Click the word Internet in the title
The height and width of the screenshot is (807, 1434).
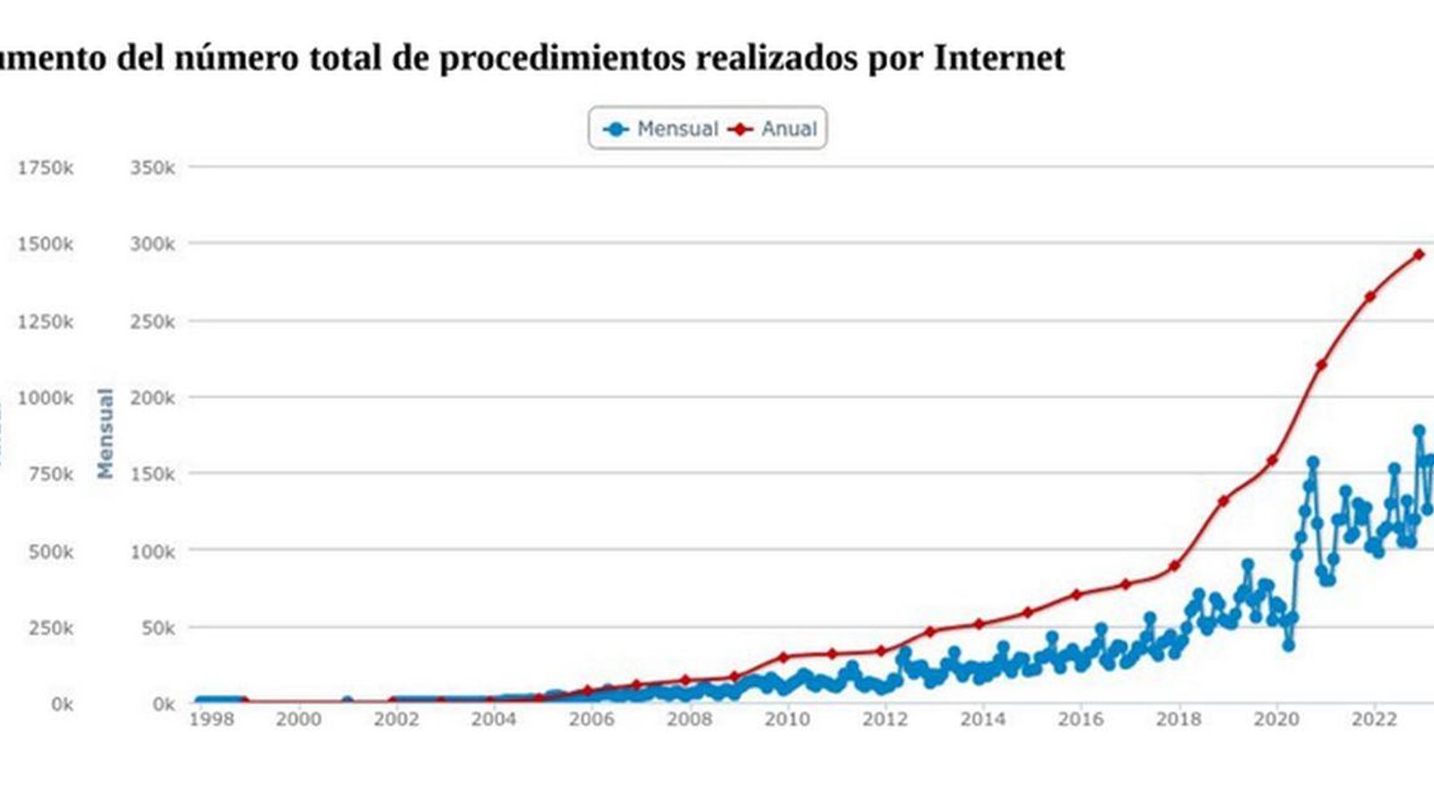[x=999, y=58]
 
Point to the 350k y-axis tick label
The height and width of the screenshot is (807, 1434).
[x=152, y=168]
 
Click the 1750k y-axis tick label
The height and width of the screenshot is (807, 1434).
[x=45, y=168]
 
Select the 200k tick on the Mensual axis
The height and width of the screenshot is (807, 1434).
[x=152, y=397]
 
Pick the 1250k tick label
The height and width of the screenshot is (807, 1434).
[x=45, y=321]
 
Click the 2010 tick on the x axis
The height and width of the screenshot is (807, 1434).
[x=788, y=719]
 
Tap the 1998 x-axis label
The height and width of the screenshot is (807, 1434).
[x=212, y=719]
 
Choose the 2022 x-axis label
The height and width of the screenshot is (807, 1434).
[x=1371, y=719]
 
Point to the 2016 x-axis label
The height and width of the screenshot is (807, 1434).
[x=1081, y=719]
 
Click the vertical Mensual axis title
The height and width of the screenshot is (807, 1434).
[x=106, y=433]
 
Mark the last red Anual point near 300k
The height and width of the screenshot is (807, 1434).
[x=1419, y=255]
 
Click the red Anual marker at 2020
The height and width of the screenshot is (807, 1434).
[x=1272, y=460]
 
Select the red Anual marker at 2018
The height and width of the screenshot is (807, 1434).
[x=1175, y=566]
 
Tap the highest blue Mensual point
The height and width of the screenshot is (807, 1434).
[x=1419, y=431]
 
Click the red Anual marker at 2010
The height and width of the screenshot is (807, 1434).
[x=783, y=657]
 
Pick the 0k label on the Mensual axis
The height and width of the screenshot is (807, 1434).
[x=163, y=705]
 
